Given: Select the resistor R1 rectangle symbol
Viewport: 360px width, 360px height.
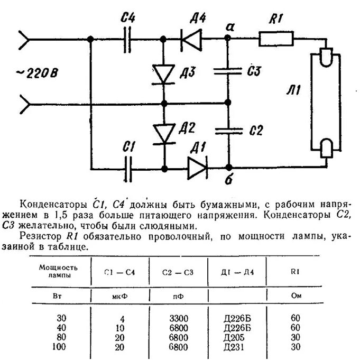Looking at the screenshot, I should pos(276,39).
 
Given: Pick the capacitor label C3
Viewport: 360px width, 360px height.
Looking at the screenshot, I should pos(255,71).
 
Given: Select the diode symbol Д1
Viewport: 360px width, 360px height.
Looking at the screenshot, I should pos(196,169).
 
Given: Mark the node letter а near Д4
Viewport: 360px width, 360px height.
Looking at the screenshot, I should pos(228,26).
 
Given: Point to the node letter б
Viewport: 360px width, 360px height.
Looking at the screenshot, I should pos(228,182).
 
